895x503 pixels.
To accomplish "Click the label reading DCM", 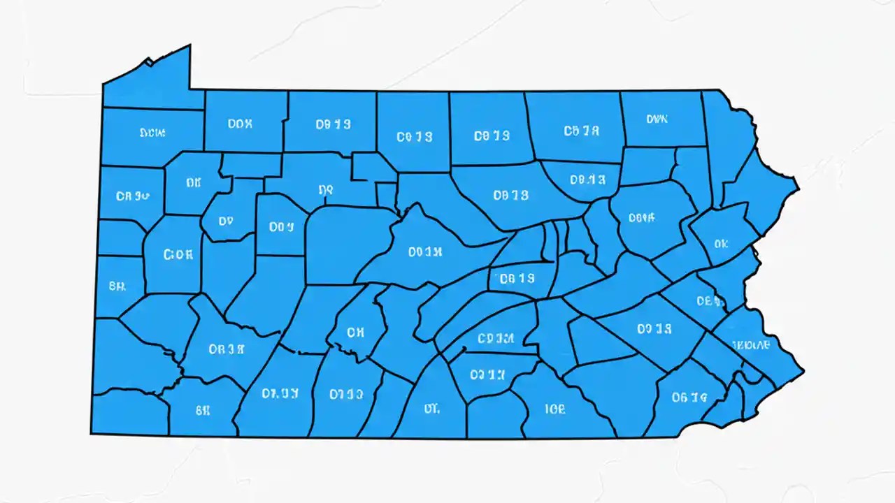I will (152, 132).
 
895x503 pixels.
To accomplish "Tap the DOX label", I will (241, 124).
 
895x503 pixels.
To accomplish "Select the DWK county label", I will (657, 119).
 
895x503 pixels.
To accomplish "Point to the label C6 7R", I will (581, 130).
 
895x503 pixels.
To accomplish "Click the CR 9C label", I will (133, 196).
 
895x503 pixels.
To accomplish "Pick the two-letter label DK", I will (194, 182).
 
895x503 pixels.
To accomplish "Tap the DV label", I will (225, 221).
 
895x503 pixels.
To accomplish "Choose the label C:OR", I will (178, 255).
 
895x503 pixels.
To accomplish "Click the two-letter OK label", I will (722, 244).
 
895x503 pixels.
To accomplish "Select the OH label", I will (355, 333).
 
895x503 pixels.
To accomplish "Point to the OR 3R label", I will (226, 349).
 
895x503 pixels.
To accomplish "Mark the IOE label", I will (555, 409).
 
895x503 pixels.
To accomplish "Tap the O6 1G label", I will (689, 397).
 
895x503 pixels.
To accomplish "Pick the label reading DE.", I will (708, 301).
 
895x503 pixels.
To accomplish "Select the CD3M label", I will (496, 339).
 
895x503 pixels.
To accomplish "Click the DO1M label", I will (425, 251).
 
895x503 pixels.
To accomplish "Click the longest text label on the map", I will (751, 344).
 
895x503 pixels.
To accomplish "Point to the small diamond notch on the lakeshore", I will (148, 62).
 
